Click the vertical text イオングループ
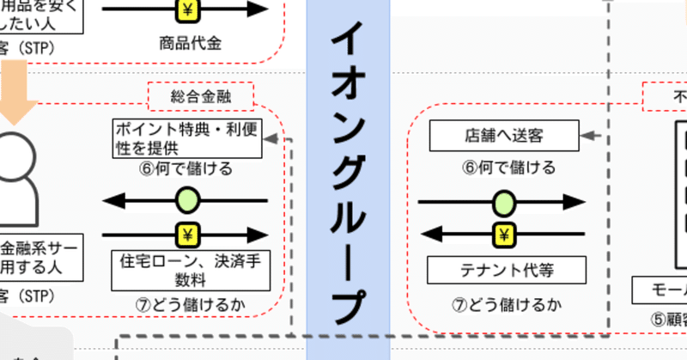coord(348,172)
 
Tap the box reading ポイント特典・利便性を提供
coord(186,138)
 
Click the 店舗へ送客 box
coord(502,134)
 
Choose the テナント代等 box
coord(502,270)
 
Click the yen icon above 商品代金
coord(188,10)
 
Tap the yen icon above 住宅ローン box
coord(187,233)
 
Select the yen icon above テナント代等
coord(503,233)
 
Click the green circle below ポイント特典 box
coord(187,202)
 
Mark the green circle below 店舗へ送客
coord(503,203)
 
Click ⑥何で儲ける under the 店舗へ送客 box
coord(502,167)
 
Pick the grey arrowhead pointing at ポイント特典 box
coord(271,138)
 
